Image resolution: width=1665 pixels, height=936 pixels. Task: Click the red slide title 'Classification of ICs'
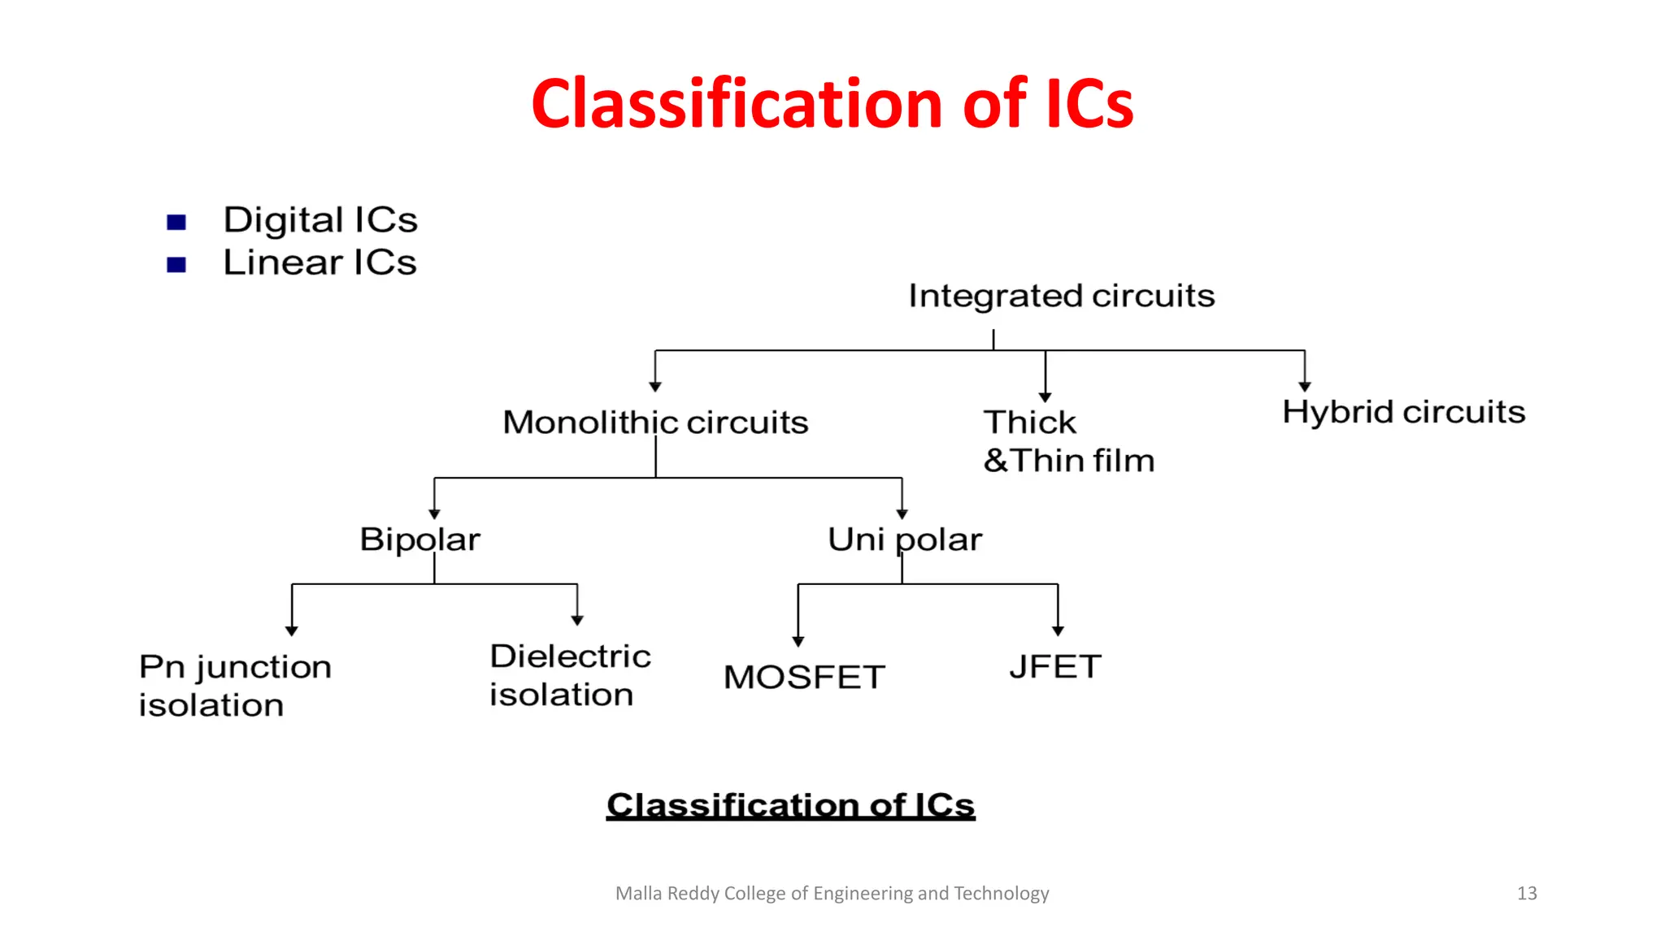832,104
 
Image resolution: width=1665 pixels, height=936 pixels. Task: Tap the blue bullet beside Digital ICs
176,222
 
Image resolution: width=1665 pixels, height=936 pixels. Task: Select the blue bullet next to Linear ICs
176,264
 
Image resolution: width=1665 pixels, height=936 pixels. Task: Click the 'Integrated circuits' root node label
1061,296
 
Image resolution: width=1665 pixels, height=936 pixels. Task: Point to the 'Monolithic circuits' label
655,422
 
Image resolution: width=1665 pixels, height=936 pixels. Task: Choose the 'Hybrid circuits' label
1403,412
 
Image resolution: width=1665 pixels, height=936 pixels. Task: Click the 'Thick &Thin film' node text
1068,441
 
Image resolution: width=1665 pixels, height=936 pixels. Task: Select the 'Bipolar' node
420,539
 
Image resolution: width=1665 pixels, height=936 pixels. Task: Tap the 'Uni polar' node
904,539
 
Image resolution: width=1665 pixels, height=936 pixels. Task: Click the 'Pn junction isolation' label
235,686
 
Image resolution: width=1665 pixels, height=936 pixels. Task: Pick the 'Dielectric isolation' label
570,675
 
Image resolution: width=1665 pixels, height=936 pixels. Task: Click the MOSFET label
804,677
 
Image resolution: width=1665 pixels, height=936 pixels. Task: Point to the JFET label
1055,667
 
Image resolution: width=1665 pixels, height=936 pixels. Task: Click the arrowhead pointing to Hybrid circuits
1305,387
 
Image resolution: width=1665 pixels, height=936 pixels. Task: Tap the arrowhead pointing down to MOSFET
798,642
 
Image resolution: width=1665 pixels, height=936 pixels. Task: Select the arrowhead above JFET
1058,630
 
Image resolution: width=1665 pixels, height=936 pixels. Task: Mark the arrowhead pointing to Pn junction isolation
292,630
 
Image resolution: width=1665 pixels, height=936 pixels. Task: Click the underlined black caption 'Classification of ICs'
790,805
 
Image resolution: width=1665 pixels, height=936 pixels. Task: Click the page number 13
1527,894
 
